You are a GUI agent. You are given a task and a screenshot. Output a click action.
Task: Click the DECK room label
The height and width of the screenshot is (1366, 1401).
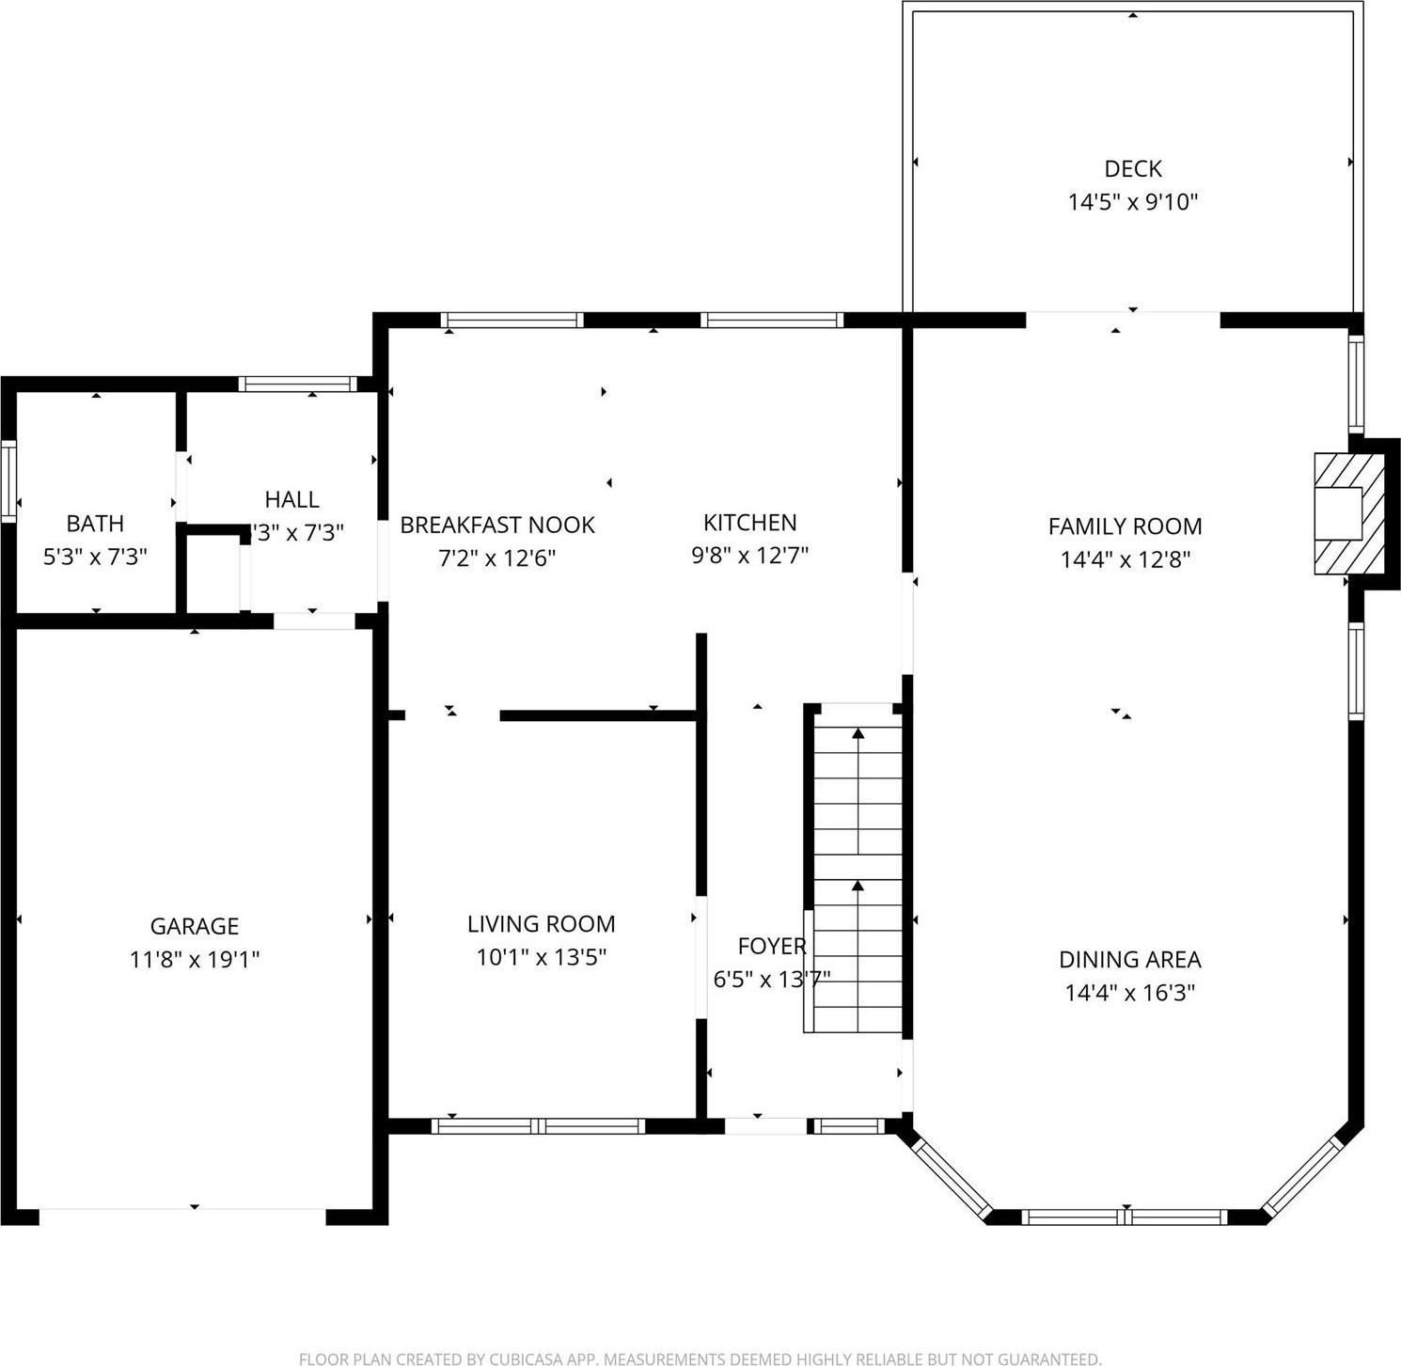point(1132,168)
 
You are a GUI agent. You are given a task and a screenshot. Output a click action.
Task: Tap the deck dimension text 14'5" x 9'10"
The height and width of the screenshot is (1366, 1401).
point(1132,202)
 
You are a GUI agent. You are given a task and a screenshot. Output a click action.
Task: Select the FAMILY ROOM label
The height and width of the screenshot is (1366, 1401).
point(1125,526)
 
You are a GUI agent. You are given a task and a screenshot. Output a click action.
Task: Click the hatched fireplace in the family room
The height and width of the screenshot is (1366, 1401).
point(1348,513)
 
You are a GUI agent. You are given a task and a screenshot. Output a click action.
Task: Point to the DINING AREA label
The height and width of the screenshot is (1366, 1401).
point(1129,959)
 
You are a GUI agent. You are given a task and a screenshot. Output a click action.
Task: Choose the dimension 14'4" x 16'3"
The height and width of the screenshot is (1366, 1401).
point(1129,993)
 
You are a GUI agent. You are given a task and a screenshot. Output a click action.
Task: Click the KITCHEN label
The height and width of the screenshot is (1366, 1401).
point(749,522)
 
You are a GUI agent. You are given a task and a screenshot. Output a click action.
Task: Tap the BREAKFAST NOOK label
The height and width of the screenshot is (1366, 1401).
point(497,525)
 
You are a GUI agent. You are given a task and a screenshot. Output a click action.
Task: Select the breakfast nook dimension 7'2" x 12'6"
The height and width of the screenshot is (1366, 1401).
point(497,558)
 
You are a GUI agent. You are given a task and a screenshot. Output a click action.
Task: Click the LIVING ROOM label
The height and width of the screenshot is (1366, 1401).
point(541,924)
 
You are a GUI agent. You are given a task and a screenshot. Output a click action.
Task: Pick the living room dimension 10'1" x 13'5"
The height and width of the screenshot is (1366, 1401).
point(541,958)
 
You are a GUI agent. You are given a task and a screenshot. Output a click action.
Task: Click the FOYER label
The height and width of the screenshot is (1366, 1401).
point(771,946)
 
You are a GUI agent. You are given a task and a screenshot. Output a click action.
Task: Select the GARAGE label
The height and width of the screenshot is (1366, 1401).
point(195,926)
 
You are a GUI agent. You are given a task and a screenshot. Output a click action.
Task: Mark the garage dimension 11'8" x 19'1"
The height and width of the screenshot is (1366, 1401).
point(195,960)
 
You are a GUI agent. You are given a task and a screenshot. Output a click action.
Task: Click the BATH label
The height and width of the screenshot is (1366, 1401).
point(95,523)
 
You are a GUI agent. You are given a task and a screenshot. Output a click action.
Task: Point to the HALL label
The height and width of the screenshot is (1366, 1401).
point(291,499)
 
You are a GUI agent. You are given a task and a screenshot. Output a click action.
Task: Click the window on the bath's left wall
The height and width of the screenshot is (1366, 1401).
point(8,480)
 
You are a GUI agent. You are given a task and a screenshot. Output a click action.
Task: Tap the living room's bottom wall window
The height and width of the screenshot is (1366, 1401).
point(539,1125)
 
